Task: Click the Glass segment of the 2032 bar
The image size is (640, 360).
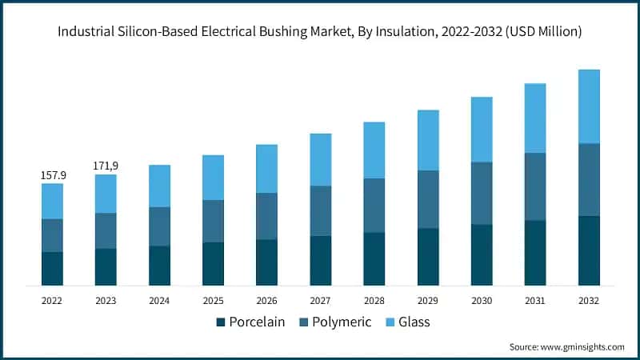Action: pyautogui.click(x=589, y=106)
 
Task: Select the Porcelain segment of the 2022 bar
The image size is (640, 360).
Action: pyautogui.click(x=52, y=269)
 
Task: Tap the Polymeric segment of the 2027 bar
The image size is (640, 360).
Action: pyautogui.click(x=320, y=211)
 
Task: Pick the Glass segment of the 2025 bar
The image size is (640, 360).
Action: pyautogui.click(x=213, y=178)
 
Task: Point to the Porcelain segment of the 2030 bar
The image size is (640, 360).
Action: pyautogui.click(x=482, y=255)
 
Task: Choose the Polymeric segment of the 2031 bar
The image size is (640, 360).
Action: pyautogui.click(x=535, y=186)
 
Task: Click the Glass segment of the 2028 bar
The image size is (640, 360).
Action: pyautogui.click(x=374, y=150)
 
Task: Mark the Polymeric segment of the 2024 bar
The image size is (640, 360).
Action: pyautogui.click(x=159, y=226)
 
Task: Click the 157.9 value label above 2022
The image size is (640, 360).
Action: pyautogui.click(x=52, y=174)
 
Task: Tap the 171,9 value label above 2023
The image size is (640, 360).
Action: pyautogui.click(x=106, y=166)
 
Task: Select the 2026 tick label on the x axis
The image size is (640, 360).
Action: pyautogui.click(x=266, y=301)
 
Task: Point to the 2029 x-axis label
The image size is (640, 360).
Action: pyautogui.click(x=427, y=301)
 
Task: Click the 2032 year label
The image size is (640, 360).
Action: pyautogui.click(x=589, y=301)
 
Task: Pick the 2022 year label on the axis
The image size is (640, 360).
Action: pyautogui.click(x=52, y=301)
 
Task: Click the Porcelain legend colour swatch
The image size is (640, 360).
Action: pyautogui.click(x=221, y=322)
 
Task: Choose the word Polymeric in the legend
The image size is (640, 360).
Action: pyautogui.click(x=342, y=322)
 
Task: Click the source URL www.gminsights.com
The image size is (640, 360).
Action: pyautogui.click(x=583, y=346)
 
